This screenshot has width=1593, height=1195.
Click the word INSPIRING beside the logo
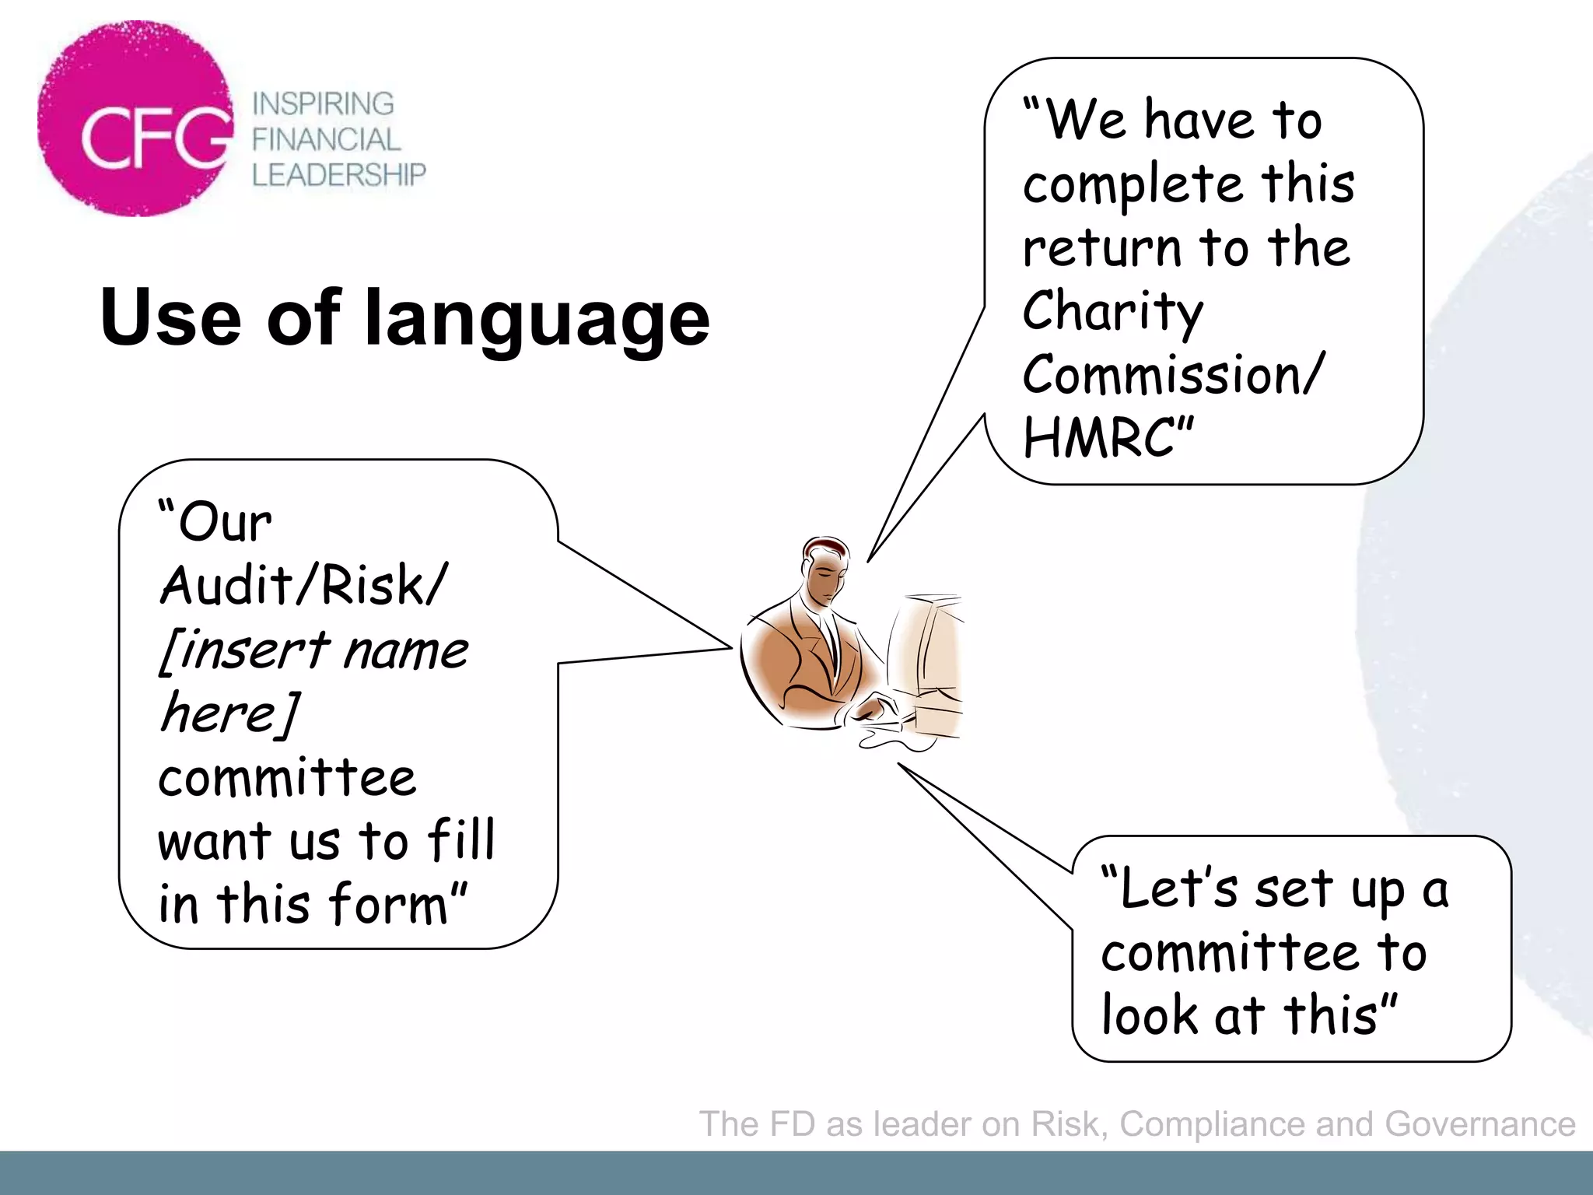coord(323,103)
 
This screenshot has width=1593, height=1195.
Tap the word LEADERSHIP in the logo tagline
coord(338,175)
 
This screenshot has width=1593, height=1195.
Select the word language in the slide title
coord(537,319)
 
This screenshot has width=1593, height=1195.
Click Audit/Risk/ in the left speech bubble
coord(303,585)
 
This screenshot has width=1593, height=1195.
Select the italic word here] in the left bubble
coord(229,713)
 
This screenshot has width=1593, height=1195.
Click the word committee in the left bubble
coord(287,778)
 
